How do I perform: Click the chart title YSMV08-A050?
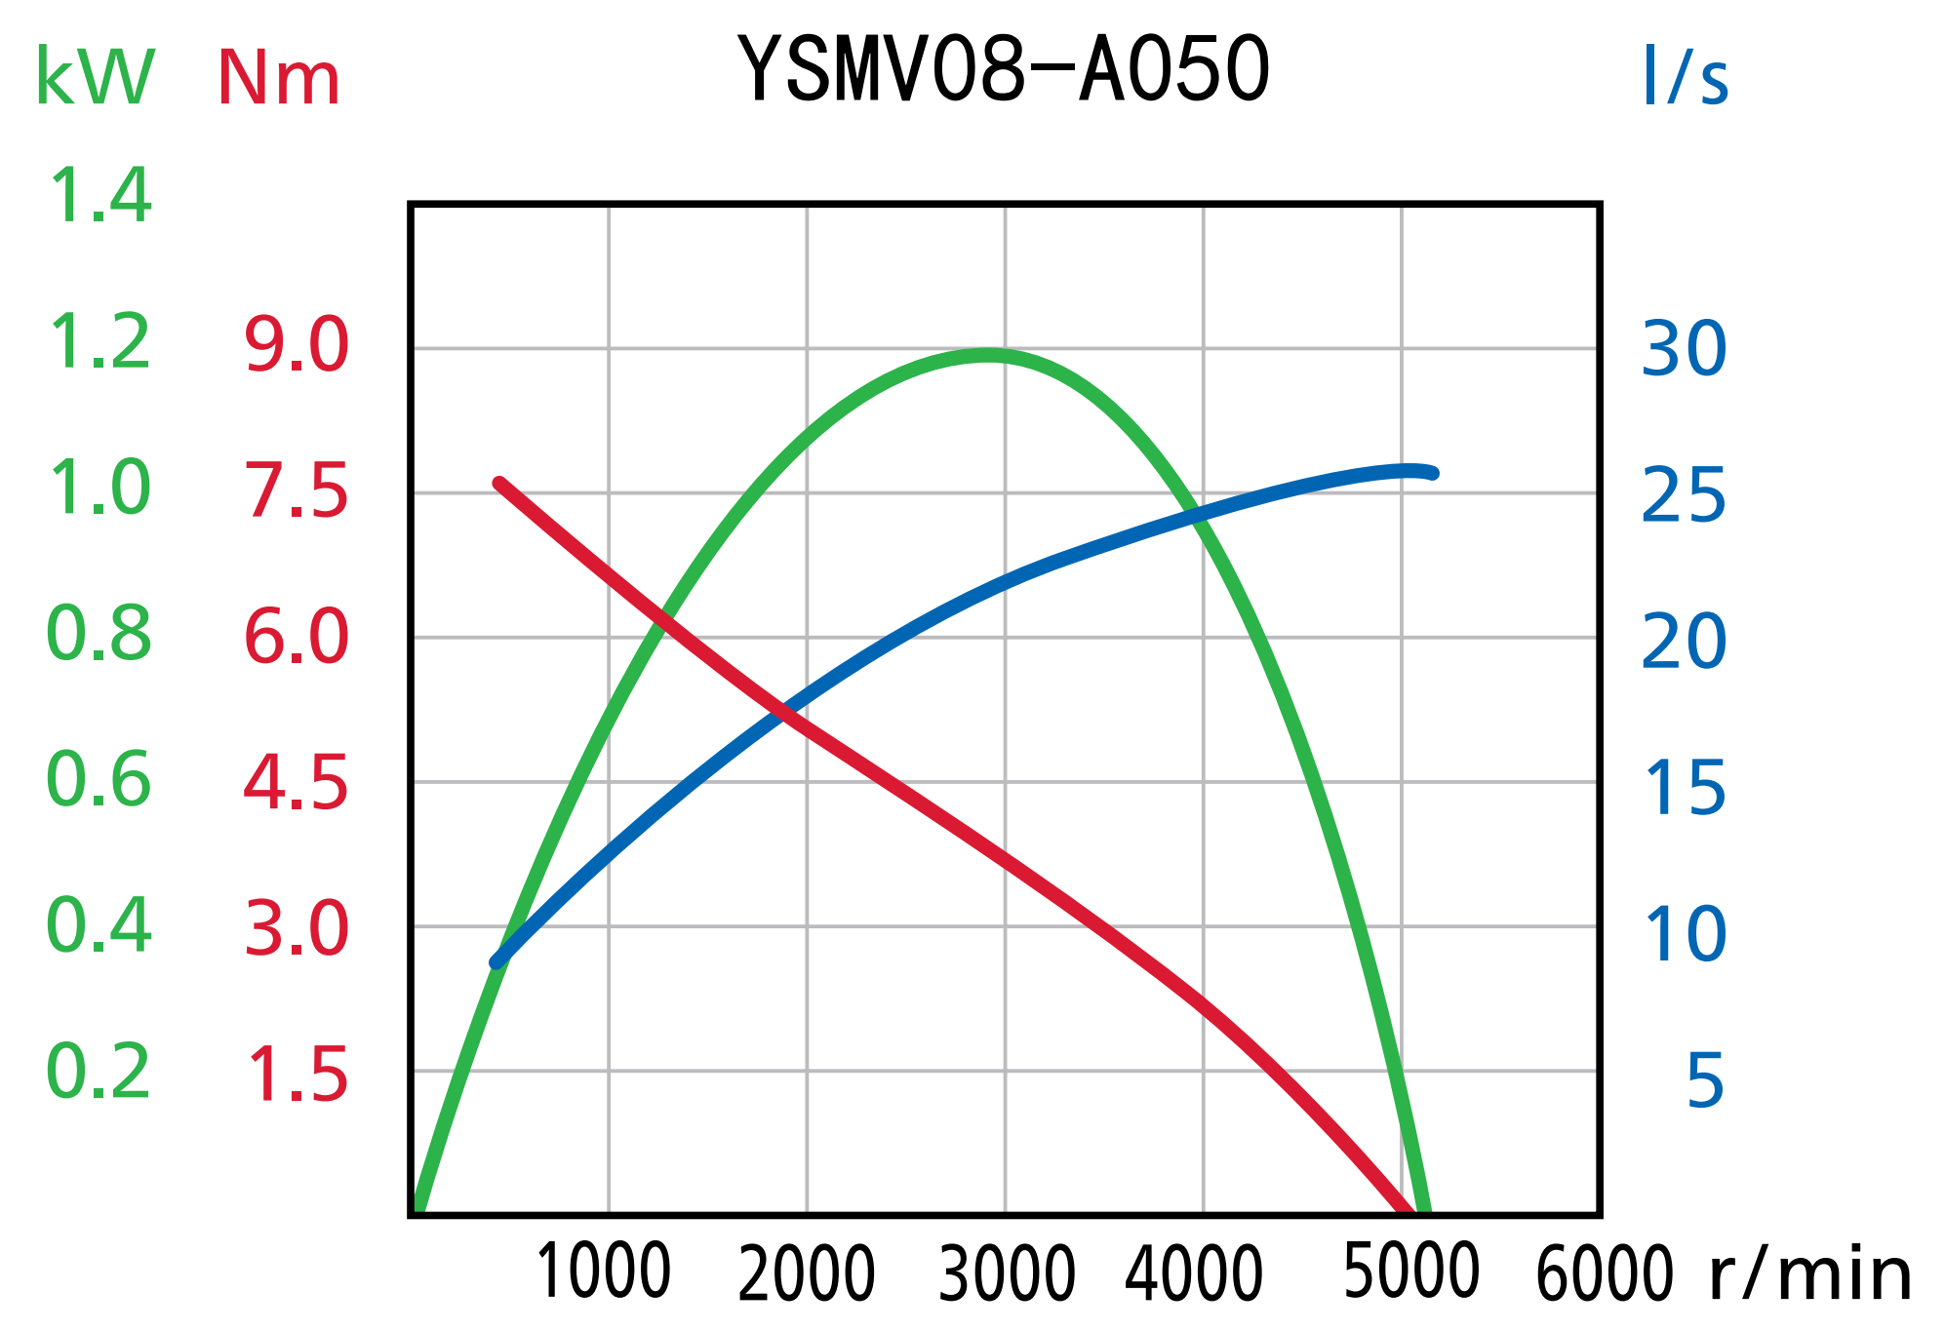pyautogui.click(x=1004, y=69)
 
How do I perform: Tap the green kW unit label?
pyautogui.click(x=95, y=77)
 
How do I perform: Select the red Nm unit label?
pyautogui.click(x=278, y=79)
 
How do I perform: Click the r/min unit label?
pyautogui.click(x=1810, y=1274)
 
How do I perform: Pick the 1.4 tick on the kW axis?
pyautogui.click(x=99, y=196)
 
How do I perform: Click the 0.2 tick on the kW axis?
pyautogui.click(x=99, y=1072)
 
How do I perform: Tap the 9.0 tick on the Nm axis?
pyautogui.click(x=297, y=345)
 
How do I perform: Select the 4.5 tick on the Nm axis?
pyautogui.click(x=297, y=783)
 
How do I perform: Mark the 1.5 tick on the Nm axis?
pyautogui.click(x=297, y=1076)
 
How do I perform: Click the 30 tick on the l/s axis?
pyautogui.click(x=1684, y=348)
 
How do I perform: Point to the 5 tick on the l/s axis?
pyautogui.click(x=1704, y=1080)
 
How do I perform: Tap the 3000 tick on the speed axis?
pyautogui.click(x=1007, y=1273)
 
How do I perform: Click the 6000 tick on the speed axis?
pyautogui.click(x=1605, y=1273)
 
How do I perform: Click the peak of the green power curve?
pyautogui.click(x=988, y=355)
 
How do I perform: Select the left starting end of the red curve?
pyautogui.click(x=498, y=483)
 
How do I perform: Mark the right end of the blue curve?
pyautogui.click(x=1432, y=473)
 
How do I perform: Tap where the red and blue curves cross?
pyautogui.click(x=785, y=713)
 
